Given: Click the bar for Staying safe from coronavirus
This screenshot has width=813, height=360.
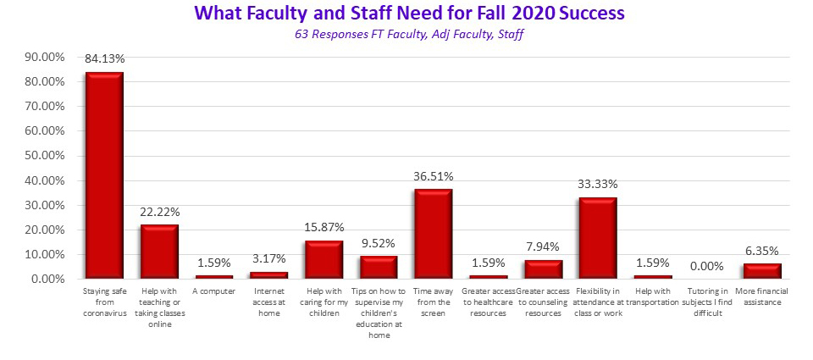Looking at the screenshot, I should pos(104,175).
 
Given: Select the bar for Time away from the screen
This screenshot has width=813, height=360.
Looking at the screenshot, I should pos(433,234).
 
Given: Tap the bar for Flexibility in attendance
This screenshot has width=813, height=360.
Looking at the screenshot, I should pos(597,238).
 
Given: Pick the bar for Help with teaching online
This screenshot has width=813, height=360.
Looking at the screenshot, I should pos(159,252).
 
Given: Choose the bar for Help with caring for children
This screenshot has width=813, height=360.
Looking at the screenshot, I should pos(324,259).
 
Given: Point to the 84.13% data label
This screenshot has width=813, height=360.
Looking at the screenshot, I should pos(104,59).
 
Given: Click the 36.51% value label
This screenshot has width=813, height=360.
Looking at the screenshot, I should pos(433,176).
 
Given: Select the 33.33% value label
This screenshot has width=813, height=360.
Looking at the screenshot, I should pos(597,184).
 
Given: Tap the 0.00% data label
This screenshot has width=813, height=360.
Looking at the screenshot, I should pos(706,266).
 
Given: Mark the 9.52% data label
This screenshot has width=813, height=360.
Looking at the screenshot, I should pos(378,243).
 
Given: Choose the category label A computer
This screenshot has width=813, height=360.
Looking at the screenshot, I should pos(213,291).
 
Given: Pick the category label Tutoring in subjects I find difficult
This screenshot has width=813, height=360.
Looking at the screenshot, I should pos(706,302).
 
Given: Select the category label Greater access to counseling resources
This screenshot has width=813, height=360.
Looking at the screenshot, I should pos(542,302).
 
